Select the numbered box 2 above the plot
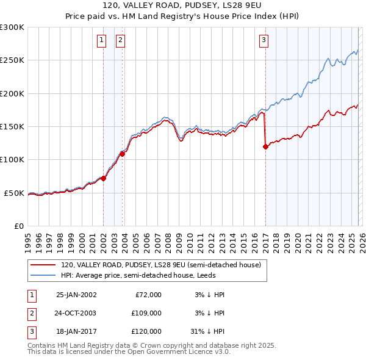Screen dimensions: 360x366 click(120, 41)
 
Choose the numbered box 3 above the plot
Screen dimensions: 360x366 click(264, 41)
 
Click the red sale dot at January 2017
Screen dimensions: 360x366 click(265, 146)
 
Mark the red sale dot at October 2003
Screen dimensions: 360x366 click(123, 154)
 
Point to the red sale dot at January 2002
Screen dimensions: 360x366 click(104, 178)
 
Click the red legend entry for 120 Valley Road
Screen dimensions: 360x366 click(161, 265)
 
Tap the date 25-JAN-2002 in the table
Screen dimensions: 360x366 click(76, 295)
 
